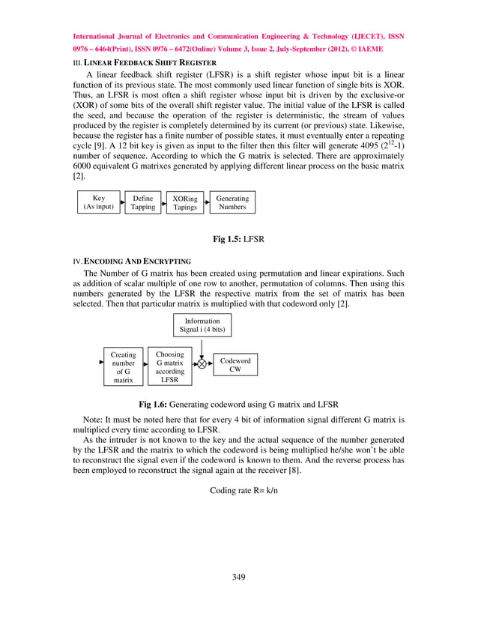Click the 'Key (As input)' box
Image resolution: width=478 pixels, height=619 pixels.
click(98, 202)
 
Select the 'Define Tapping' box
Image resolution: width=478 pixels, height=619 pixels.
click(142, 202)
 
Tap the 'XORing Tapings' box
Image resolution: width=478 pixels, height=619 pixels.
click(185, 202)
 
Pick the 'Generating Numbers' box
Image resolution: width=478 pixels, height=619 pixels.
click(232, 202)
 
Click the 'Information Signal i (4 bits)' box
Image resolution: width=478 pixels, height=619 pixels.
click(202, 324)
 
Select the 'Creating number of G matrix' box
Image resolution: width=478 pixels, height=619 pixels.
click(124, 367)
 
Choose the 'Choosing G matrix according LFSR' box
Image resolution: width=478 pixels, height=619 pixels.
click(170, 366)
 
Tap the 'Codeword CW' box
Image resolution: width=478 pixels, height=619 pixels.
click(235, 364)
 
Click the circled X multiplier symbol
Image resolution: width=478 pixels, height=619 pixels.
click(202, 364)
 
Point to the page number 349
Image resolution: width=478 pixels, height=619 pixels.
click(239, 576)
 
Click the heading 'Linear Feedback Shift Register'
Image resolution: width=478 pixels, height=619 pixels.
click(150, 61)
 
